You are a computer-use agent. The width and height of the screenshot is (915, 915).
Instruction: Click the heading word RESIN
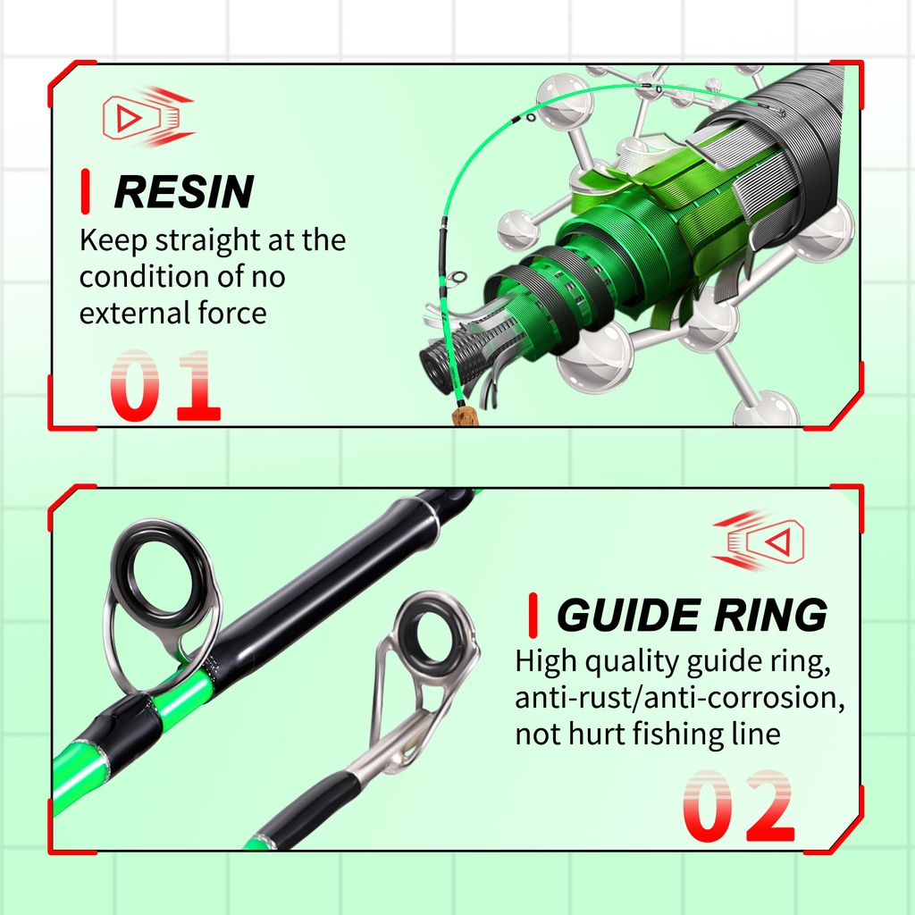coord(184,191)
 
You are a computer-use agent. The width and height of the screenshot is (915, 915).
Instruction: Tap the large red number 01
coord(165,385)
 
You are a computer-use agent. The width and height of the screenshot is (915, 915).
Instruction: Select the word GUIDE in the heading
coord(628,615)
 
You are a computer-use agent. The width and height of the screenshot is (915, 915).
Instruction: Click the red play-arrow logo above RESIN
coord(148,117)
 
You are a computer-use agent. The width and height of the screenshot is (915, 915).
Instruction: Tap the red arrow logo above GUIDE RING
coord(758,541)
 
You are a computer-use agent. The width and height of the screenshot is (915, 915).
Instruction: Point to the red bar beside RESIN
coord(85,191)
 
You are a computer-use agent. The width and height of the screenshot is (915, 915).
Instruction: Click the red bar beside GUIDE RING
coord(533,615)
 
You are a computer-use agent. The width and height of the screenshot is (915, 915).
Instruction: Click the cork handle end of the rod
coord(465,416)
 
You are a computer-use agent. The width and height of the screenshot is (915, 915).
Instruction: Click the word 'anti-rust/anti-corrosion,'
coord(680,697)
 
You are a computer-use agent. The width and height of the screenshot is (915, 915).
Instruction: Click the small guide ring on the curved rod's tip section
coord(531,118)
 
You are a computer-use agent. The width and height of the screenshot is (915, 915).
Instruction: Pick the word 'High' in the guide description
coord(547,662)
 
